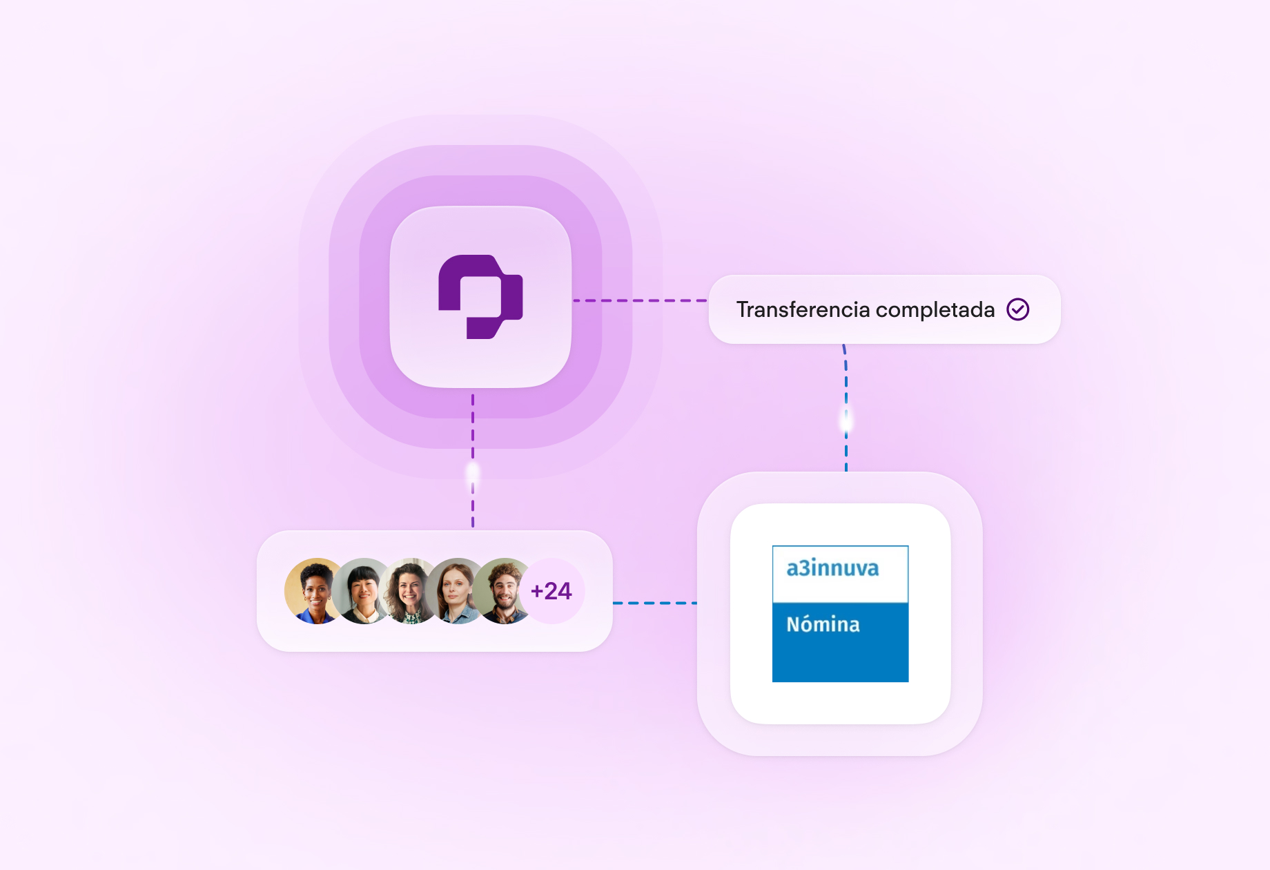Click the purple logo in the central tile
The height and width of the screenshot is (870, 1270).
pyautogui.click(x=480, y=297)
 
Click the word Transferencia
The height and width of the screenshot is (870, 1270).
pyautogui.click(x=803, y=310)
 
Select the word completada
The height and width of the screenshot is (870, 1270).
pyautogui.click(x=935, y=310)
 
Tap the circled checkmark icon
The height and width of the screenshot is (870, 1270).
pyautogui.click(x=1017, y=309)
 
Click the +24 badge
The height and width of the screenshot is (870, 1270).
pyautogui.click(x=551, y=591)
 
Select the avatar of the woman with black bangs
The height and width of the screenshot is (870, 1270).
pyautogui.click(x=363, y=590)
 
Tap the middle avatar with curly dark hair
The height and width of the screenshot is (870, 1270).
pyautogui.click(x=410, y=590)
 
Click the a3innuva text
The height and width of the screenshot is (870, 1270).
pyautogui.click(x=832, y=568)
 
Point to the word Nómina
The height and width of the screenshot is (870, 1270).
pyautogui.click(x=823, y=624)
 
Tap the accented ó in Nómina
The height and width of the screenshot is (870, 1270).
pyautogui.click(x=808, y=624)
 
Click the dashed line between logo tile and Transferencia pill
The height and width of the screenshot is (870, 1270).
pyautogui.click(x=640, y=300)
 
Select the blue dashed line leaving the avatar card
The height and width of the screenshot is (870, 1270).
pyautogui.click(x=654, y=603)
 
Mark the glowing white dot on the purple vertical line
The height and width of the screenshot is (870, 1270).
pyautogui.click(x=473, y=473)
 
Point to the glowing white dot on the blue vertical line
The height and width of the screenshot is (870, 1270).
pyautogui.click(x=846, y=420)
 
